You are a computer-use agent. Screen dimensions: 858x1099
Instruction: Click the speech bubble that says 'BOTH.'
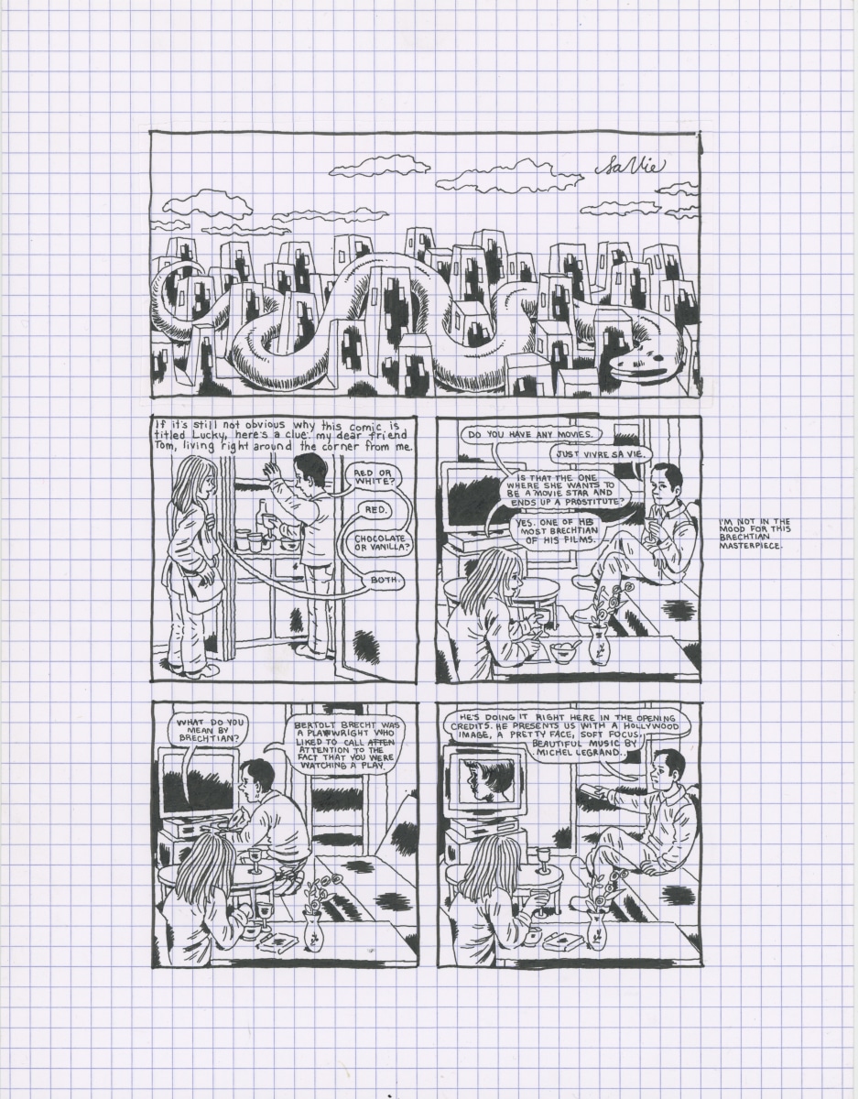[385, 580]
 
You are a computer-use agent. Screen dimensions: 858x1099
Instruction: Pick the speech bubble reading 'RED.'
[375, 510]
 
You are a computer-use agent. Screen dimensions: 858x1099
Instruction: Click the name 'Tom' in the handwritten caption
[162, 447]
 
